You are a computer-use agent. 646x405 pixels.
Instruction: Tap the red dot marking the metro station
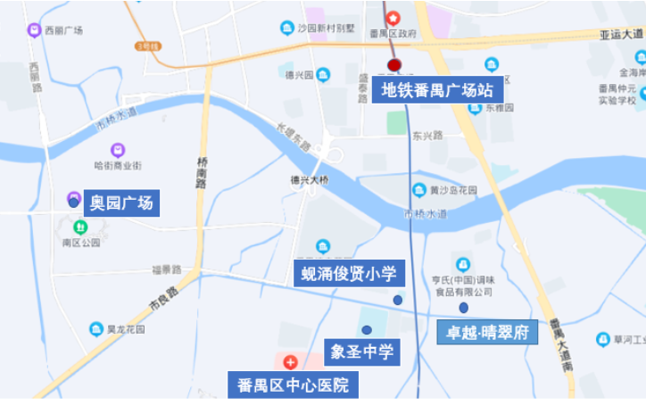pyautogui.click(x=394, y=65)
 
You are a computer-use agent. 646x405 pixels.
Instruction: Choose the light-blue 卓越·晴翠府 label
pyautogui.click(x=486, y=332)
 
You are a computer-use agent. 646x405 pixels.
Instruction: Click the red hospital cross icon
pyautogui.click(x=291, y=363)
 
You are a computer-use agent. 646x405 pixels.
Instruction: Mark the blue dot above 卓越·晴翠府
pyautogui.click(x=464, y=308)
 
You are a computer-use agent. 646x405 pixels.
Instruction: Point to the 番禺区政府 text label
pyautogui.click(x=393, y=34)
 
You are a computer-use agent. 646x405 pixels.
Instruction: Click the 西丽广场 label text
pyautogui.click(x=63, y=30)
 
